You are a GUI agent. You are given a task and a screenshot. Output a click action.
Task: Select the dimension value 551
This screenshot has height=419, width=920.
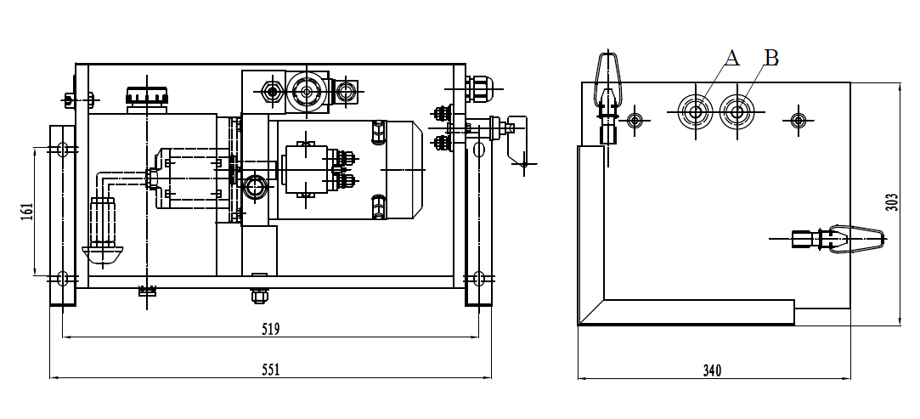[x=271, y=369]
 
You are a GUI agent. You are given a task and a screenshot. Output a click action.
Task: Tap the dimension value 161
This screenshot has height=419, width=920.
[x=25, y=212]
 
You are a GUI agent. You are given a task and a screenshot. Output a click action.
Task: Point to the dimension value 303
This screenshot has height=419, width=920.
[x=891, y=202]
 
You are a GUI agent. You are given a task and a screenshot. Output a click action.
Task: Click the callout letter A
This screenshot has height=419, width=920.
[x=732, y=58]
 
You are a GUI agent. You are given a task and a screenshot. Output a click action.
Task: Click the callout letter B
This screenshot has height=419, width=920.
[x=770, y=58]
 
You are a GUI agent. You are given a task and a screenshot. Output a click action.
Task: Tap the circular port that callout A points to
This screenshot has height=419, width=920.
[x=696, y=111]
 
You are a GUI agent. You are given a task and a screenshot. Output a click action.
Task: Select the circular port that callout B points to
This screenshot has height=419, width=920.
[x=737, y=111]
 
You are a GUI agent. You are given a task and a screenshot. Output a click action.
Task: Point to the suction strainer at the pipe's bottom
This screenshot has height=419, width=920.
[x=102, y=252]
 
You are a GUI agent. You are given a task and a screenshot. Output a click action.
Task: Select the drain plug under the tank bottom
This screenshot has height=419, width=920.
[x=257, y=296]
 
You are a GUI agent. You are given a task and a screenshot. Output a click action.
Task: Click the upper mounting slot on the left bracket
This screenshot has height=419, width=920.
[x=62, y=150]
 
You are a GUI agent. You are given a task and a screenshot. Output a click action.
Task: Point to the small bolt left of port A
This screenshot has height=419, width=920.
[x=634, y=120]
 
